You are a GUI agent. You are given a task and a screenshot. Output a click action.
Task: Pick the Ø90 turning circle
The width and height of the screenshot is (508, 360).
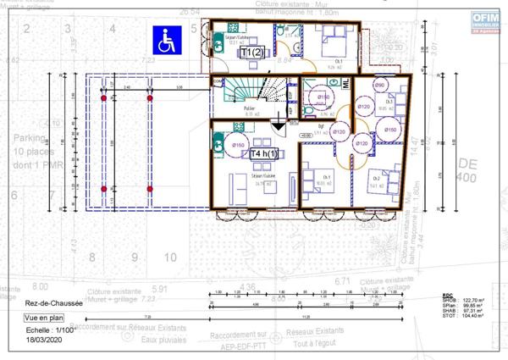pos(379,86)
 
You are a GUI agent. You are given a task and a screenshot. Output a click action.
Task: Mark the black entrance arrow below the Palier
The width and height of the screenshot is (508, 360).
pos(278,125)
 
